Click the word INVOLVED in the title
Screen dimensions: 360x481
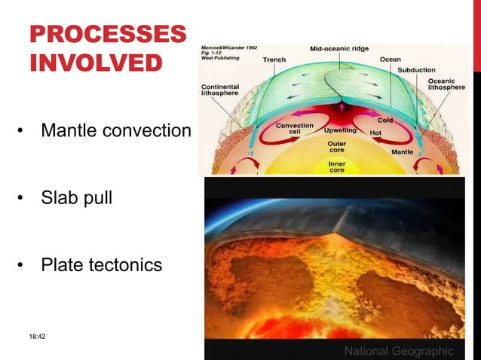point(96,62)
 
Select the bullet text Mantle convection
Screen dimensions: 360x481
point(116,131)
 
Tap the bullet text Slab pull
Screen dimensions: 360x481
point(76,199)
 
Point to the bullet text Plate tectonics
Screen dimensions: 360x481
point(101,265)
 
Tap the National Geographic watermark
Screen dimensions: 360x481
point(399,351)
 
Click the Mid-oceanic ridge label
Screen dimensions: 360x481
point(341,49)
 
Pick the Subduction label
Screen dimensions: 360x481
point(416,70)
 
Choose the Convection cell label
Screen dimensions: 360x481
point(295,129)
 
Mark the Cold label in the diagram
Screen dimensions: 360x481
point(385,120)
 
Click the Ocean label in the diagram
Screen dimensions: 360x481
point(390,59)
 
